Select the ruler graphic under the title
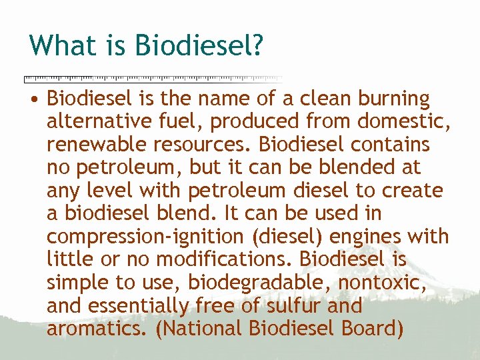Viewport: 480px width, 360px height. pos(153,78)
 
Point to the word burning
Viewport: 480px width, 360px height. pos(394,99)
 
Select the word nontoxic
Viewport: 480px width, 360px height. pos(390,283)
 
